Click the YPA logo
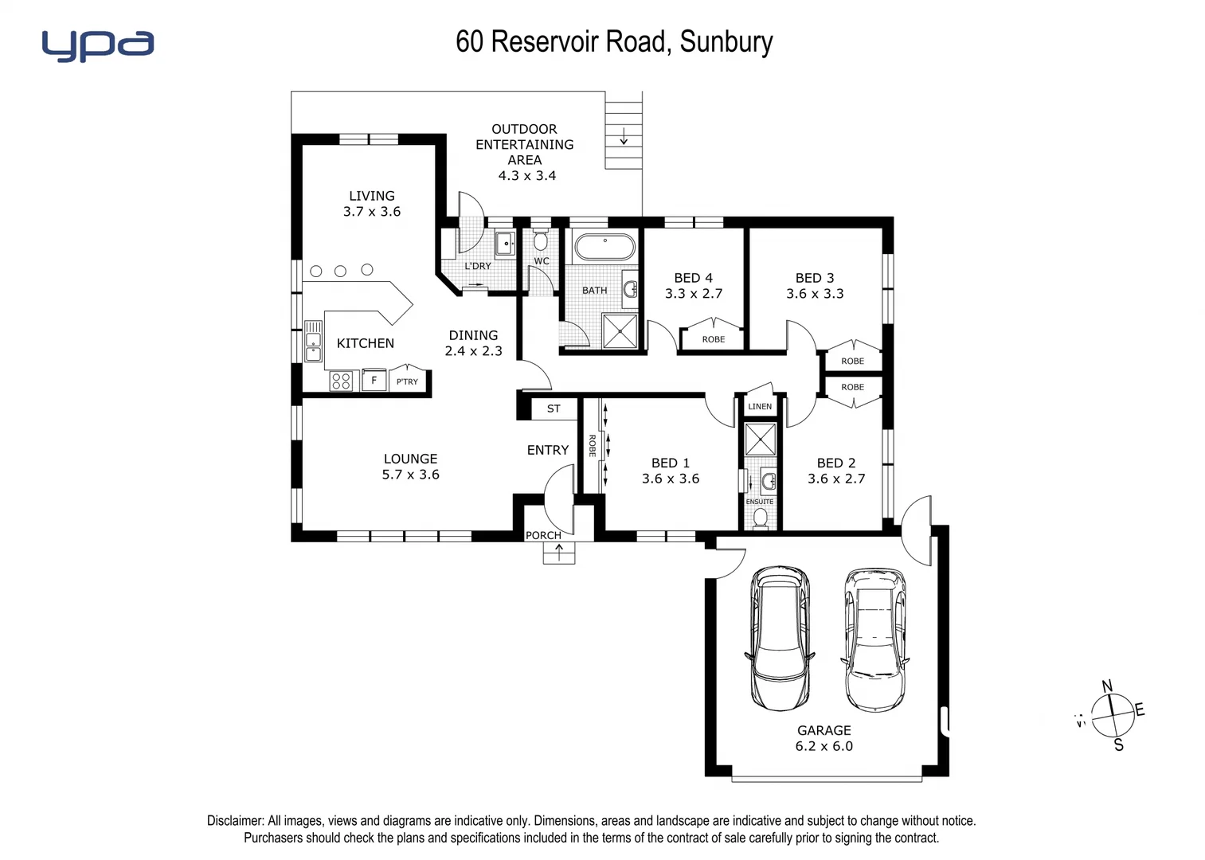click(x=97, y=45)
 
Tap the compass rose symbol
click(x=1112, y=715)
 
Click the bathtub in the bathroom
click(x=604, y=247)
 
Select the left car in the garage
click(x=781, y=638)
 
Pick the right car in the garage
click(x=874, y=639)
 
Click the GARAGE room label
click(x=824, y=730)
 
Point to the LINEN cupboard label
click(x=759, y=406)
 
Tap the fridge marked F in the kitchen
click(x=374, y=381)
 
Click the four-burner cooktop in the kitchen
click(x=341, y=381)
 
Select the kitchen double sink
click(x=313, y=341)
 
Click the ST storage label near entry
click(x=554, y=408)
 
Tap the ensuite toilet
click(x=760, y=518)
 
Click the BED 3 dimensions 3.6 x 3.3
click(x=815, y=294)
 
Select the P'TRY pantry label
click(x=407, y=381)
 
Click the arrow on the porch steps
click(x=559, y=552)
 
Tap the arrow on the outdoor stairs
click(x=624, y=137)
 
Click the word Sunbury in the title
click(x=726, y=41)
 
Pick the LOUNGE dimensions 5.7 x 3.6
click(x=410, y=475)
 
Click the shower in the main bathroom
click(x=620, y=331)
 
